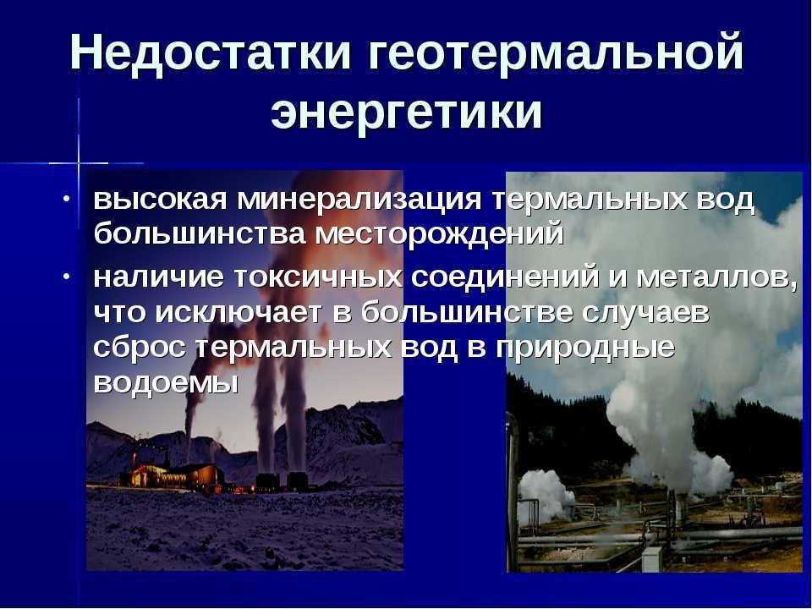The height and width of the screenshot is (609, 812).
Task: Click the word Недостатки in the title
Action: click(211, 52)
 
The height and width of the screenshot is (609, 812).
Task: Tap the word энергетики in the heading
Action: click(407, 112)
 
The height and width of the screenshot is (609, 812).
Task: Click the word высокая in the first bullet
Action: click(160, 200)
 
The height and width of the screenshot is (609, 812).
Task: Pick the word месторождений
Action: click(439, 234)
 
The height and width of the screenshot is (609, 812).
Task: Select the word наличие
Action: click(158, 278)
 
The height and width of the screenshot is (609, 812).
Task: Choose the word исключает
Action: click(239, 313)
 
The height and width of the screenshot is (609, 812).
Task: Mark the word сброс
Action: click(140, 347)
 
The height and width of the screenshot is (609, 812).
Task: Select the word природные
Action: click(585, 348)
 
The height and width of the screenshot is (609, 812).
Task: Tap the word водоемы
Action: click(167, 382)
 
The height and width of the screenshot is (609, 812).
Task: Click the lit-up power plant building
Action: click(172, 475)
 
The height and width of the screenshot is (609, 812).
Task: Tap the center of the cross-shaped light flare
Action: click(79, 163)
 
